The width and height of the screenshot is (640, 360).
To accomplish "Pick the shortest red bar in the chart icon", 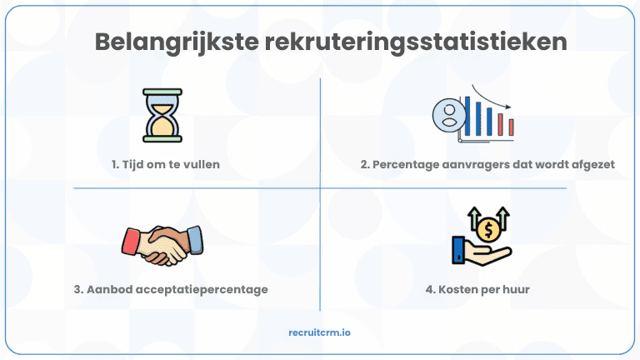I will click(511, 127).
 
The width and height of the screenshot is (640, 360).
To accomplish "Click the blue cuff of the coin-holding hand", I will click(458, 249).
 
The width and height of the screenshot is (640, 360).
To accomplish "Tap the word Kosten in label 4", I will click(456, 290).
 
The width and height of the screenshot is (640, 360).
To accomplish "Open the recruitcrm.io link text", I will click(320, 332).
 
